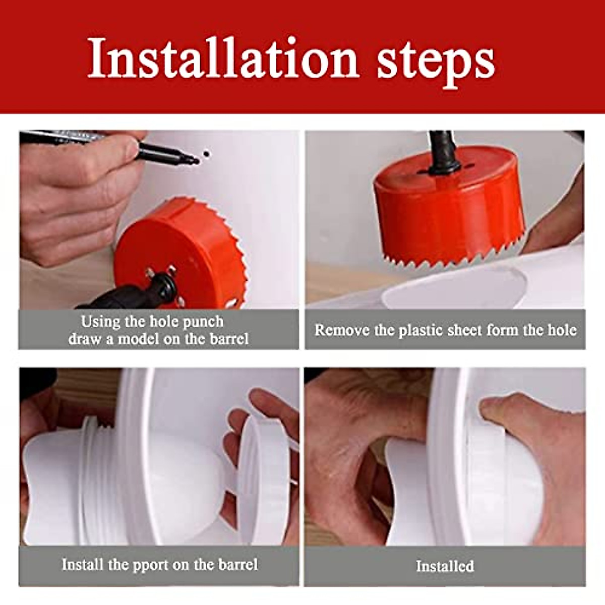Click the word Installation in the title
[x=222, y=59]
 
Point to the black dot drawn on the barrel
[x=206, y=154]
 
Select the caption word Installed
[x=445, y=566]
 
